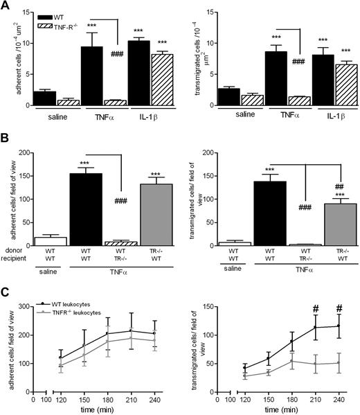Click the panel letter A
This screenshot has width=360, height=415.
pyautogui.click(x=6, y=6)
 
